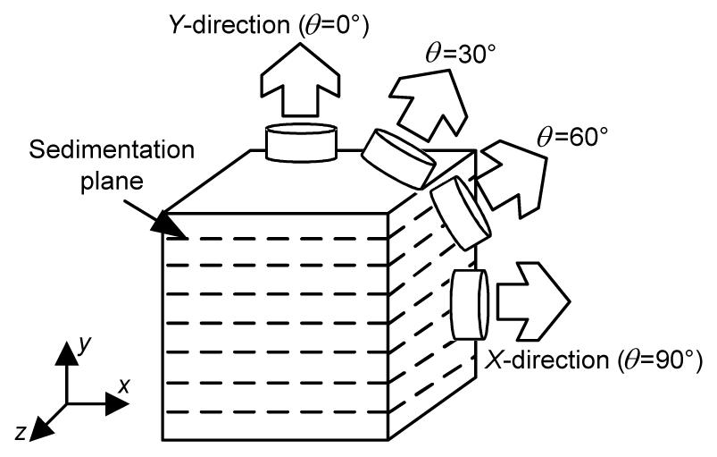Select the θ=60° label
coord(575,137)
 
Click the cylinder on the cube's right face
coord(468,304)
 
